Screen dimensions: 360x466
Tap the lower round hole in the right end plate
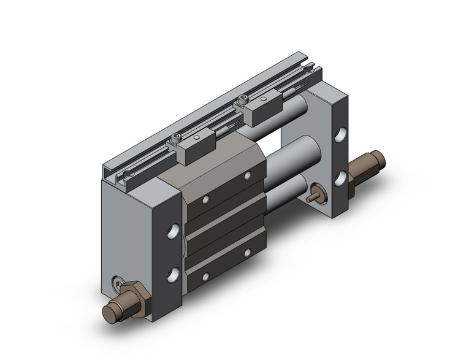[x=340, y=178]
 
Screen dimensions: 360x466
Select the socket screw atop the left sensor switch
[x=178, y=139]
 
